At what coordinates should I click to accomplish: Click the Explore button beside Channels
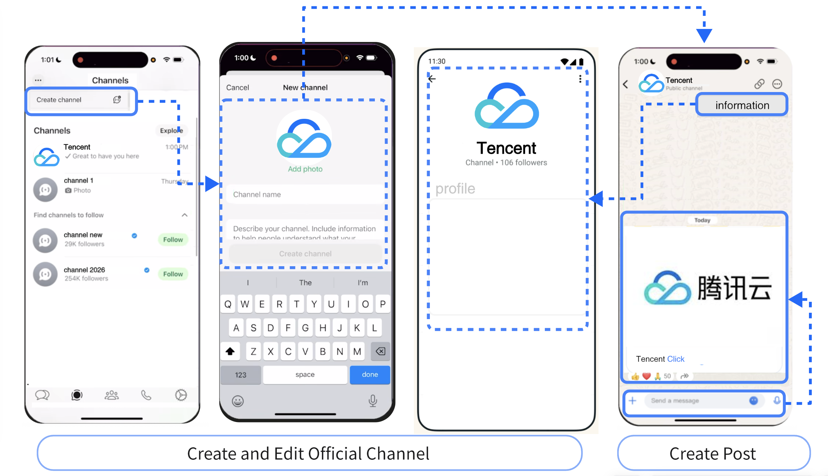[171, 130]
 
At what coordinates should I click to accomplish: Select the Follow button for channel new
[173, 240]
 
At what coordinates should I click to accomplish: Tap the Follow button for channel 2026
[173, 274]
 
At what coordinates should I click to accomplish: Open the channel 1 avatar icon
[45, 190]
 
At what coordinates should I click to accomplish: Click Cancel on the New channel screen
[237, 87]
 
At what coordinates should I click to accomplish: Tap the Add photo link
[305, 169]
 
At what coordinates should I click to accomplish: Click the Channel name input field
[305, 194]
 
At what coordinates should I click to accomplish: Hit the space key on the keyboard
[305, 374]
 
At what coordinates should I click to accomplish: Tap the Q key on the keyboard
[228, 304]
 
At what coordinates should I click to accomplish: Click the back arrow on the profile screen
[432, 79]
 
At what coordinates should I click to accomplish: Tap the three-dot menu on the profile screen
[580, 79]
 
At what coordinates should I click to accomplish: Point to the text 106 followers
[524, 163]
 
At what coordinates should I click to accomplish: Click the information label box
[742, 105]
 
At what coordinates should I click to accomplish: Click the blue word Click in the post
[676, 359]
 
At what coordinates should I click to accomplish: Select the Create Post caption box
[713, 453]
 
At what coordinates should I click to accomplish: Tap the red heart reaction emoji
[646, 376]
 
